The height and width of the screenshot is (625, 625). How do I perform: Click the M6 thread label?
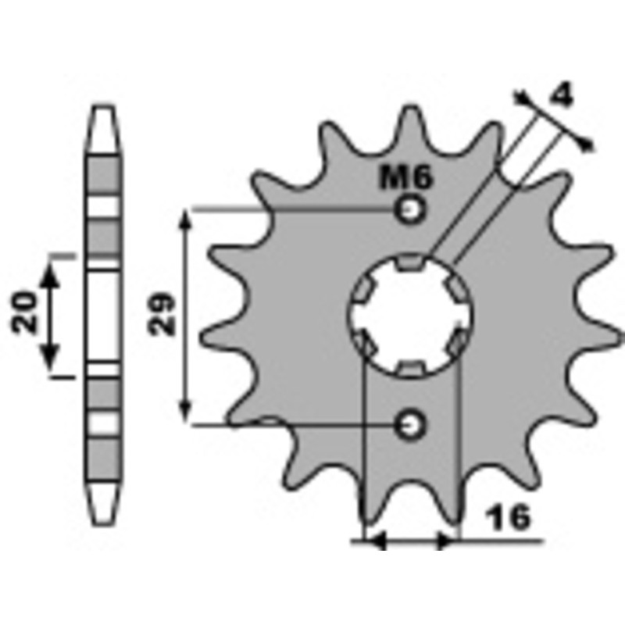405,179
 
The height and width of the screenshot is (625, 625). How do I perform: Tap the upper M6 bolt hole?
409,209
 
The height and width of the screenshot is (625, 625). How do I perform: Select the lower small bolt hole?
409,424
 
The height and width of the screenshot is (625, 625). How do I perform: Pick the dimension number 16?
507,517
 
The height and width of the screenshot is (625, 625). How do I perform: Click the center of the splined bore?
409,316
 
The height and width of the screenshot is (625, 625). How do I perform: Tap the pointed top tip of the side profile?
103,107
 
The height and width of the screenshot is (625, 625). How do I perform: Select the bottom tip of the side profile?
103,521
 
